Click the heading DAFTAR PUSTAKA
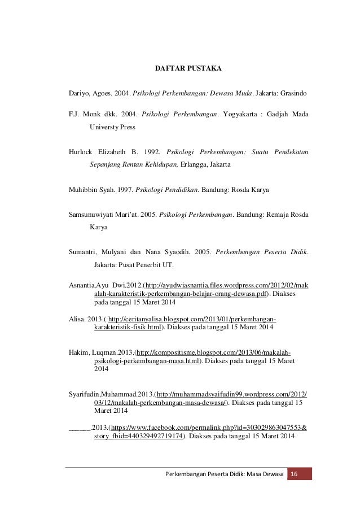click(x=188, y=69)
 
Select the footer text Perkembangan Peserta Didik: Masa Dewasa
click(x=224, y=473)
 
